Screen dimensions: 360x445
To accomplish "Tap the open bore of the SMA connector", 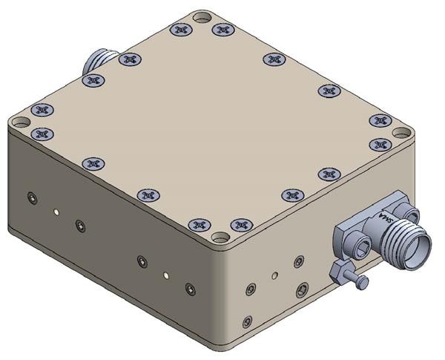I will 423,246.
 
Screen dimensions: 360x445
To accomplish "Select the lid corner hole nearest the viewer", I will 220,238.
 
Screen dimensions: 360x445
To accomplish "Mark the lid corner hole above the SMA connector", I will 401,134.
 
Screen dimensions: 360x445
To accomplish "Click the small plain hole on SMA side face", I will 275,275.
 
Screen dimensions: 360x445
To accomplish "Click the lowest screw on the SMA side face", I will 248,321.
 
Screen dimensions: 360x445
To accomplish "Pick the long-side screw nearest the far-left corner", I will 30,197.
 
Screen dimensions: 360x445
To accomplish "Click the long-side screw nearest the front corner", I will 191,288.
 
